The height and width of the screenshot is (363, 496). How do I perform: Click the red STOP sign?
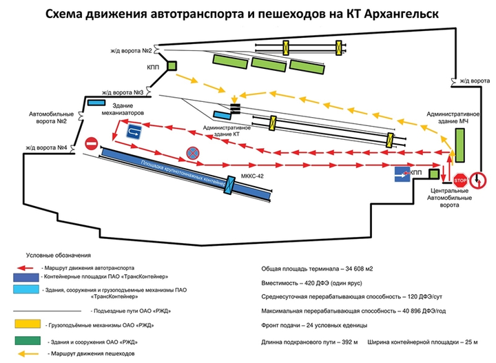[x=461, y=179]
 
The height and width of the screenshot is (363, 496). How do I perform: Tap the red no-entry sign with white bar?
[x=92, y=145]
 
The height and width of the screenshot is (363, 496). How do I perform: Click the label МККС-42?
[x=254, y=176]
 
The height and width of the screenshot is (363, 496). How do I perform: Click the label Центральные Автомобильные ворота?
[x=448, y=197]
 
